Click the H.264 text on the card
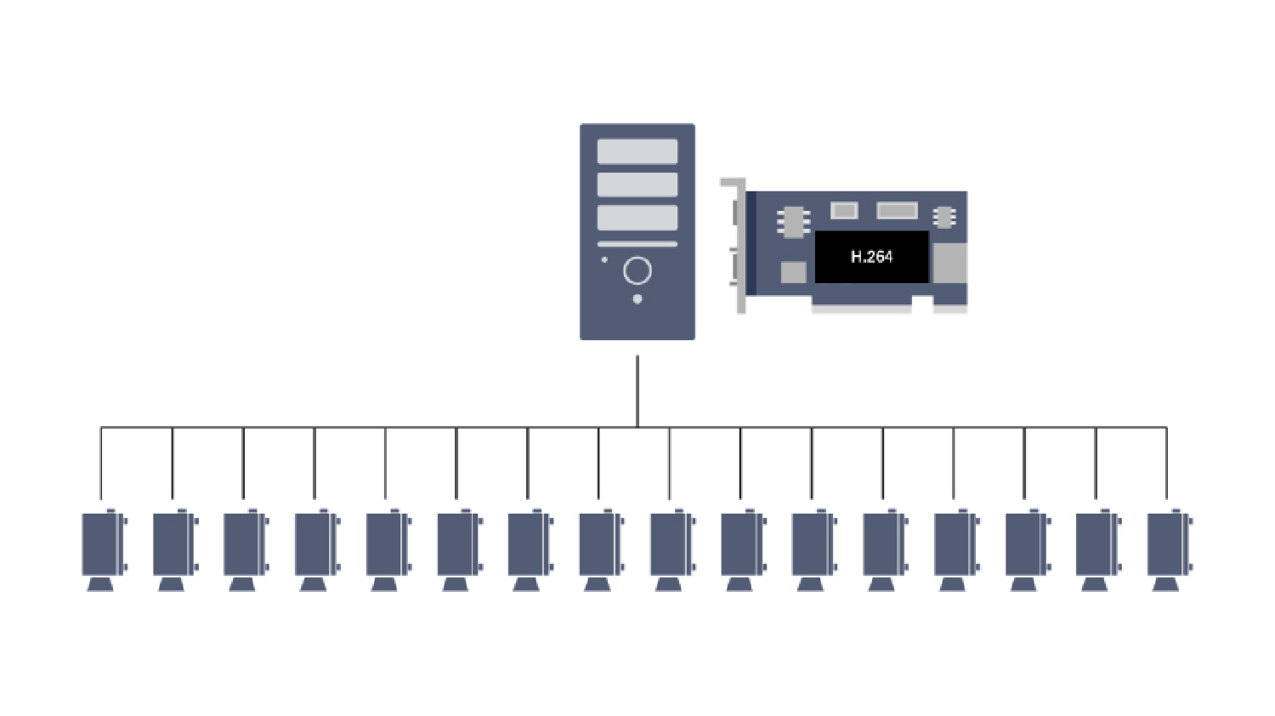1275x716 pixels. (871, 257)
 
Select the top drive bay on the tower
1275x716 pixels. (637, 151)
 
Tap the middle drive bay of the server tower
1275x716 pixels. (637, 185)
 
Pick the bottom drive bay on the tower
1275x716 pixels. (637, 218)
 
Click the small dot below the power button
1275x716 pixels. (637, 299)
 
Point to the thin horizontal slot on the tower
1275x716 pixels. (637, 244)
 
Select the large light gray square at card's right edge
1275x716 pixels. (949, 263)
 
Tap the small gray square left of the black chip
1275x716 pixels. (793, 272)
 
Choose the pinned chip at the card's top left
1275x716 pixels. (793, 221)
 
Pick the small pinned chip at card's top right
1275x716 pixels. (943, 218)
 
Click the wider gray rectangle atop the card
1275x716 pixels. (897, 210)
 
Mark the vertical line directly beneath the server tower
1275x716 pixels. (637, 391)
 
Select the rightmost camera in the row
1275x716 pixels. (1167, 543)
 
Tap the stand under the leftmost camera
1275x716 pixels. (100, 584)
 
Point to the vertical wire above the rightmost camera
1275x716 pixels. (1166, 463)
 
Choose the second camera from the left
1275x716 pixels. (173, 543)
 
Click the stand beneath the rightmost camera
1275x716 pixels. (1165, 584)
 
